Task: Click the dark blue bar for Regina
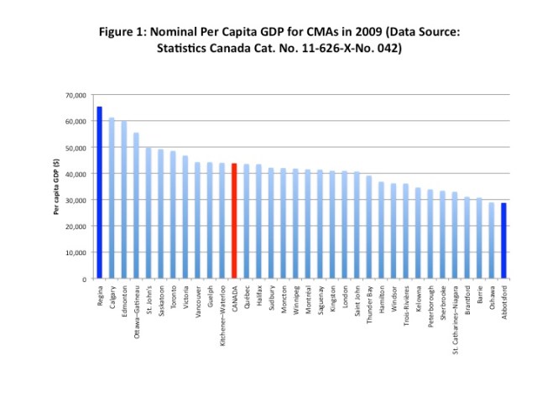pos(99,193)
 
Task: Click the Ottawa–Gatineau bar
pos(136,206)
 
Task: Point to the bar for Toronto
pos(173,215)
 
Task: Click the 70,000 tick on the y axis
pos(76,95)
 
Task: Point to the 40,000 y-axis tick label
pos(76,174)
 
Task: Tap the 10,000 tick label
pos(76,253)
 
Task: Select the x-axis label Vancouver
pos(197,304)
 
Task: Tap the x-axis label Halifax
pos(258,299)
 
